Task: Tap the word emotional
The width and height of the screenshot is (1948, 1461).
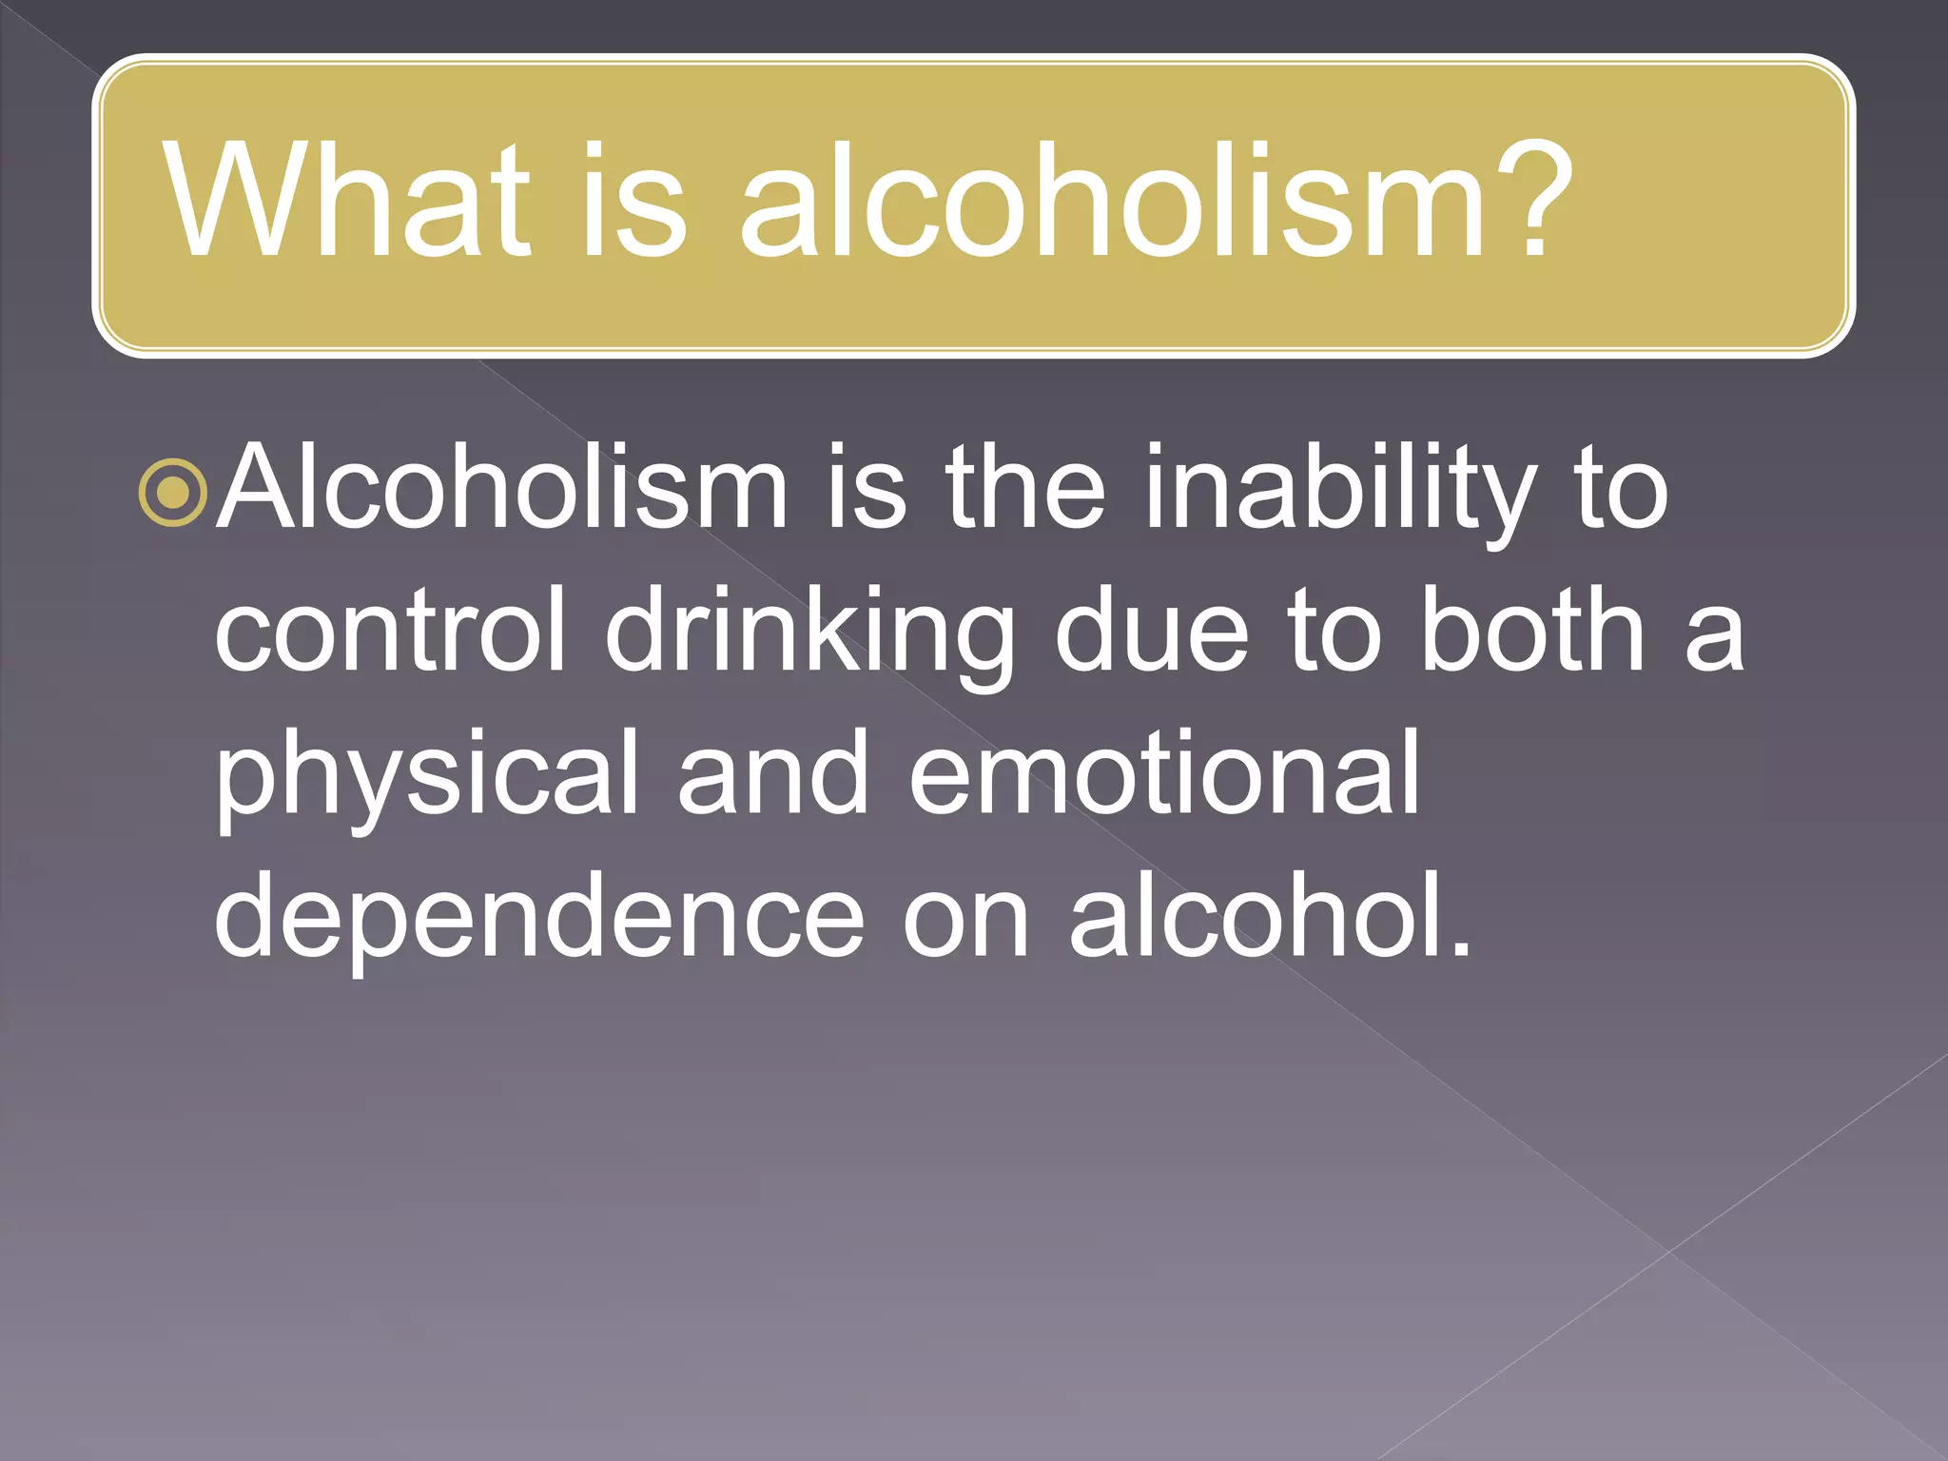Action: [1164, 772]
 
